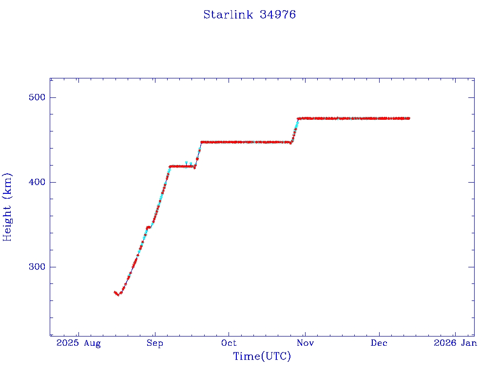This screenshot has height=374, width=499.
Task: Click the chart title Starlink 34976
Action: pos(249,15)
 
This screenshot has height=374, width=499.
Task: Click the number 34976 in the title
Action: pos(278,15)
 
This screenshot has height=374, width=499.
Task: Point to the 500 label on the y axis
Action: pos(37,97)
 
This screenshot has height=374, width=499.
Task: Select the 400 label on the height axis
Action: pos(37,182)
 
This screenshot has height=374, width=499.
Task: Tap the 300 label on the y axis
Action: pos(37,267)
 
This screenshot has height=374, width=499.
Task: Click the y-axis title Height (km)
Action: pos(8,207)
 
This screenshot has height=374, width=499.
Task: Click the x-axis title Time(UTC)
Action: pos(262,356)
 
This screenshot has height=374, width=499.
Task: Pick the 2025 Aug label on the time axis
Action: pos(78,343)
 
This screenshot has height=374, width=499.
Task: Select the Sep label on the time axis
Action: pos(154,343)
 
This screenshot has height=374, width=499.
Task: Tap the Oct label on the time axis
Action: pos(229,343)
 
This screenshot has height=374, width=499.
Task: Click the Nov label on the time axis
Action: pos(305,343)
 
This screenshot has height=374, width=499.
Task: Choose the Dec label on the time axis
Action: pos(379,343)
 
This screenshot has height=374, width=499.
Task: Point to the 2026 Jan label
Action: pos(455,343)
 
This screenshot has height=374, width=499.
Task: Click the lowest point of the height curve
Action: pos(118,295)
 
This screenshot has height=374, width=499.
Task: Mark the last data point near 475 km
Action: pos(409,118)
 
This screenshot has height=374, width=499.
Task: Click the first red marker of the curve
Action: pos(115,292)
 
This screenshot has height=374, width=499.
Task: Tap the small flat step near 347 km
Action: pos(148,227)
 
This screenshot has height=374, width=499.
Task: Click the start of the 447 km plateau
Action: pos(201,142)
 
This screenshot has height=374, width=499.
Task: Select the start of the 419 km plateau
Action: pos(170,167)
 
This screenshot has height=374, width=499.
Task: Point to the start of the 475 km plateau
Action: pos(298,118)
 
